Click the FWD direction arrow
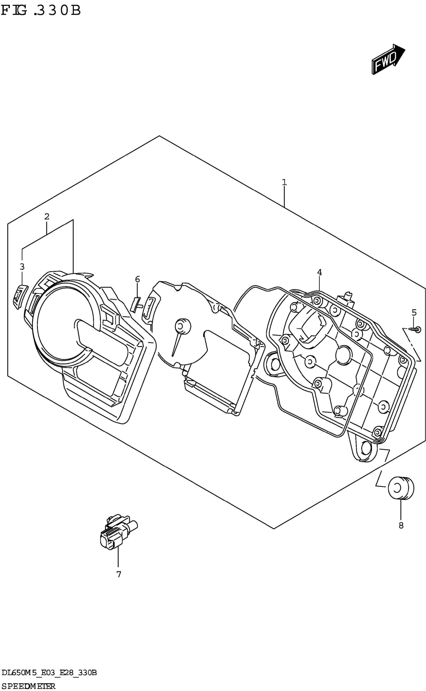pyautogui.click(x=388, y=59)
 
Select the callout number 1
pyautogui.click(x=284, y=182)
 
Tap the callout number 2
pyautogui.click(x=47, y=217)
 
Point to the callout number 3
pyautogui.click(x=22, y=266)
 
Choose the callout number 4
pyautogui.click(x=319, y=272)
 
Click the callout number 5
pyautogui.click(x=414, y=312)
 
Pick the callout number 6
pyautogui.click(x=137, y=279)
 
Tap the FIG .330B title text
pyautogui.click(x=41, y=11)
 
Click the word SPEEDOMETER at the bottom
pyautogui.click(x=28, y=686)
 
